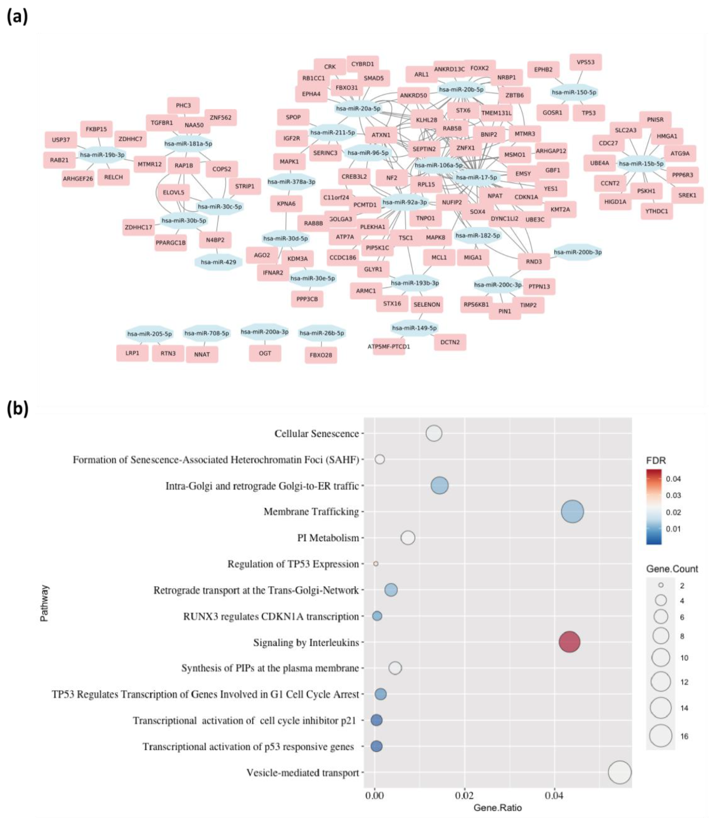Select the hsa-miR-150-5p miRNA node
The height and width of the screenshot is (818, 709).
pos(574,92)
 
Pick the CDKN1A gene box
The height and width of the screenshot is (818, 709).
pos(526,197)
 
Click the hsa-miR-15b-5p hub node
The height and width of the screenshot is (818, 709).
pos(641,163)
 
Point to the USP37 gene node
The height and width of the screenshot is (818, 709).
pos(61,140)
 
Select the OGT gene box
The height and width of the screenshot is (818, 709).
pos(265,353)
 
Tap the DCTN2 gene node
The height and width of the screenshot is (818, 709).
pos(450,342)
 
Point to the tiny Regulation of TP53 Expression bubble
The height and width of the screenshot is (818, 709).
pos(376,564)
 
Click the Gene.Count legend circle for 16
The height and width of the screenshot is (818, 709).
pos(660,736)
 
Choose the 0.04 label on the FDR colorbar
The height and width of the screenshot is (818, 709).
pos(673,479)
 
